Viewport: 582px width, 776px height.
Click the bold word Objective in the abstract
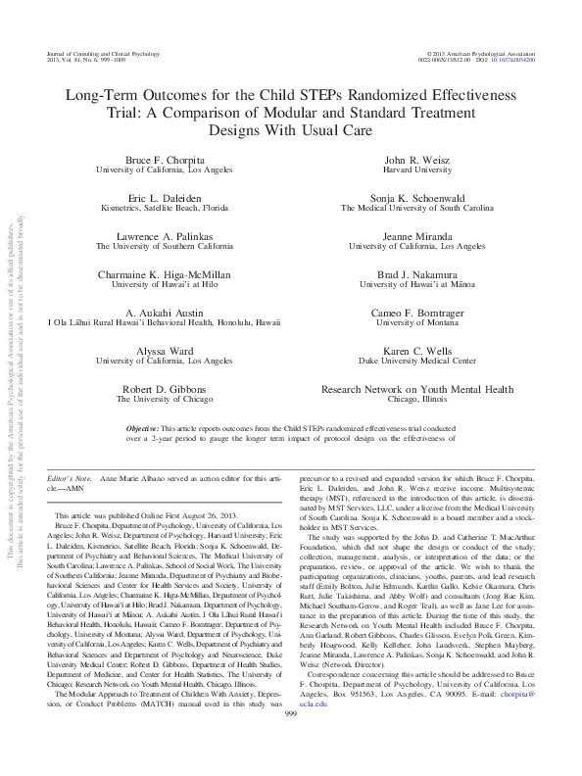[x=150, y=429]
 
